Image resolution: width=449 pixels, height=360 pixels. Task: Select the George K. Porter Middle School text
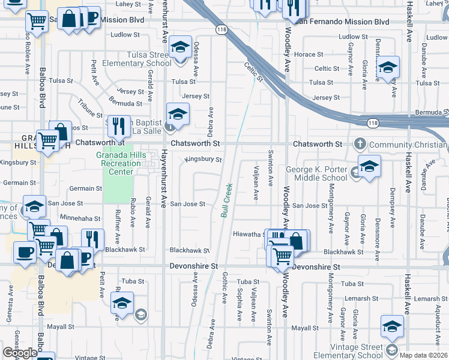316,174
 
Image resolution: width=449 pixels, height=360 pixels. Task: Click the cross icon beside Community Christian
360,144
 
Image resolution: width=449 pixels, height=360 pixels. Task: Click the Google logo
19,353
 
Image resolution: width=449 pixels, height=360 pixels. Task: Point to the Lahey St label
127,4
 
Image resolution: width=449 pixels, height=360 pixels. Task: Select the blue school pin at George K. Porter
369,166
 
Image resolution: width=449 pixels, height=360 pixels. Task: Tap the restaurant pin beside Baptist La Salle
119,125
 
